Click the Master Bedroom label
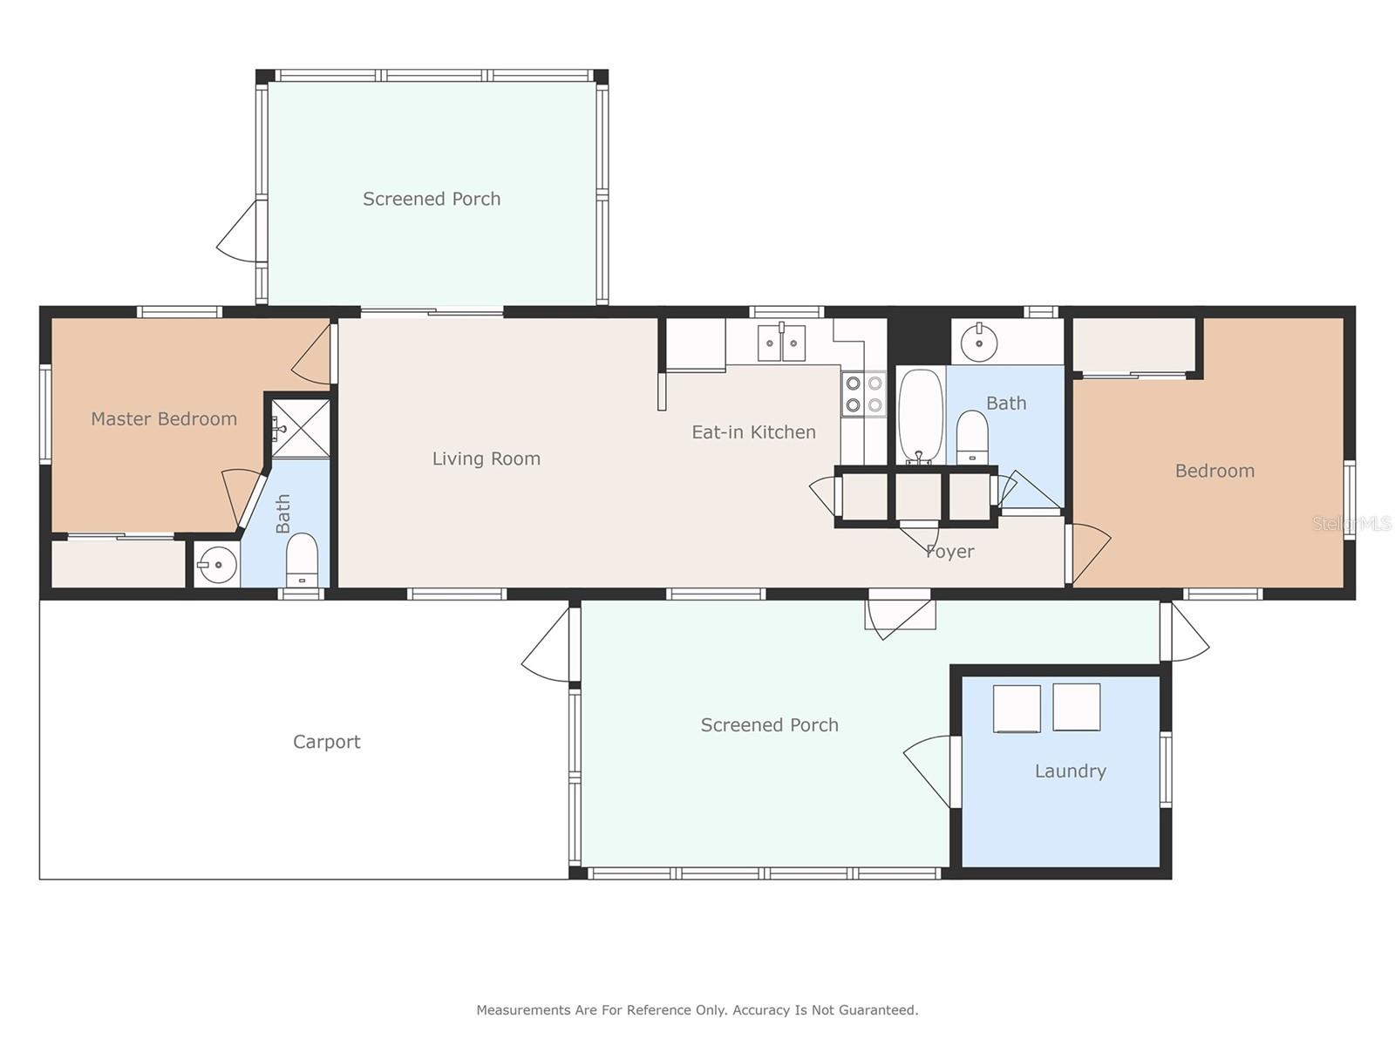164,419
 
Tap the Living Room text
486,458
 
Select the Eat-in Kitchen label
753,432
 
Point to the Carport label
326,742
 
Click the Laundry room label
1070,771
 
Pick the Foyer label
949,552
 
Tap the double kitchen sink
781,343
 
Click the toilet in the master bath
302,559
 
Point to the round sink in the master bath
216,566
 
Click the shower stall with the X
301,428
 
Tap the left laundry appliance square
1017,708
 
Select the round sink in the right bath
980,342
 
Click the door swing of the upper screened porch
238,231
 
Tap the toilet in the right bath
972,438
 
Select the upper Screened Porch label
432,200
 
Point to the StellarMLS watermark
1351,524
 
